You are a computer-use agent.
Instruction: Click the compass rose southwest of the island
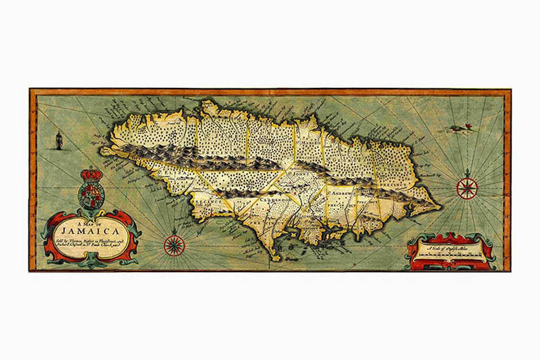(x=174, y=244)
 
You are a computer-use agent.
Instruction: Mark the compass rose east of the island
(x=467, y=187)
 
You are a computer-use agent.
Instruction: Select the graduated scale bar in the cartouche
(x=450, y=257)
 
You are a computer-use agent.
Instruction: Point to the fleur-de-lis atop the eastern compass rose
(x=467, y=172)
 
